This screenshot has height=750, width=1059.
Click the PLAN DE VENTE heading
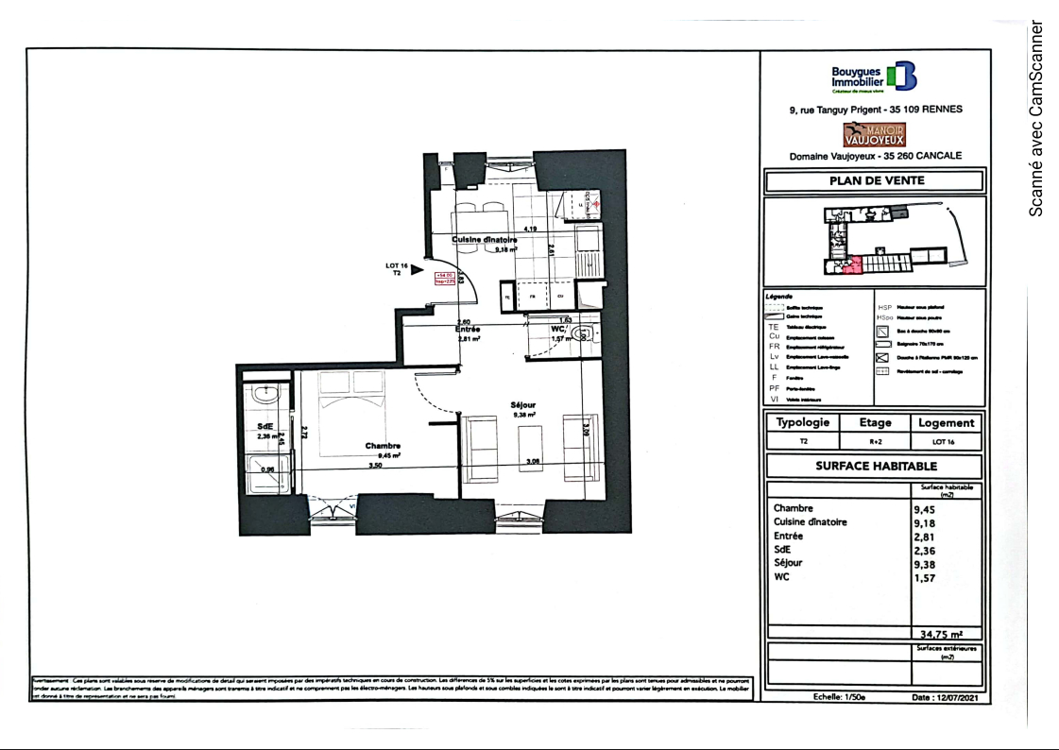(x=877, y=180)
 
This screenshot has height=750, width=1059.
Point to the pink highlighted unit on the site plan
(x=853, y=265)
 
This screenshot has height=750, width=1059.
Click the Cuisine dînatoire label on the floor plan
(x=485, y=241)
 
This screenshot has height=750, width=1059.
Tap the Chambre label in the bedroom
(x=383, y=446)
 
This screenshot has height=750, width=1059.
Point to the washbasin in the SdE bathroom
(x=266, y=393)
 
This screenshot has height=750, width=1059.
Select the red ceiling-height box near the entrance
(x=445, y=278)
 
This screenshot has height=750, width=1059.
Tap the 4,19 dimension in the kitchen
(x=530, y=230)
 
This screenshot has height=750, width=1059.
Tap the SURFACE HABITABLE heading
(x=876, y=466)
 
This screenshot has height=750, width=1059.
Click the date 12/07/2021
(x=951, y=697)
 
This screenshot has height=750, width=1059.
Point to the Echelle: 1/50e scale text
(x=839, y=697)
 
